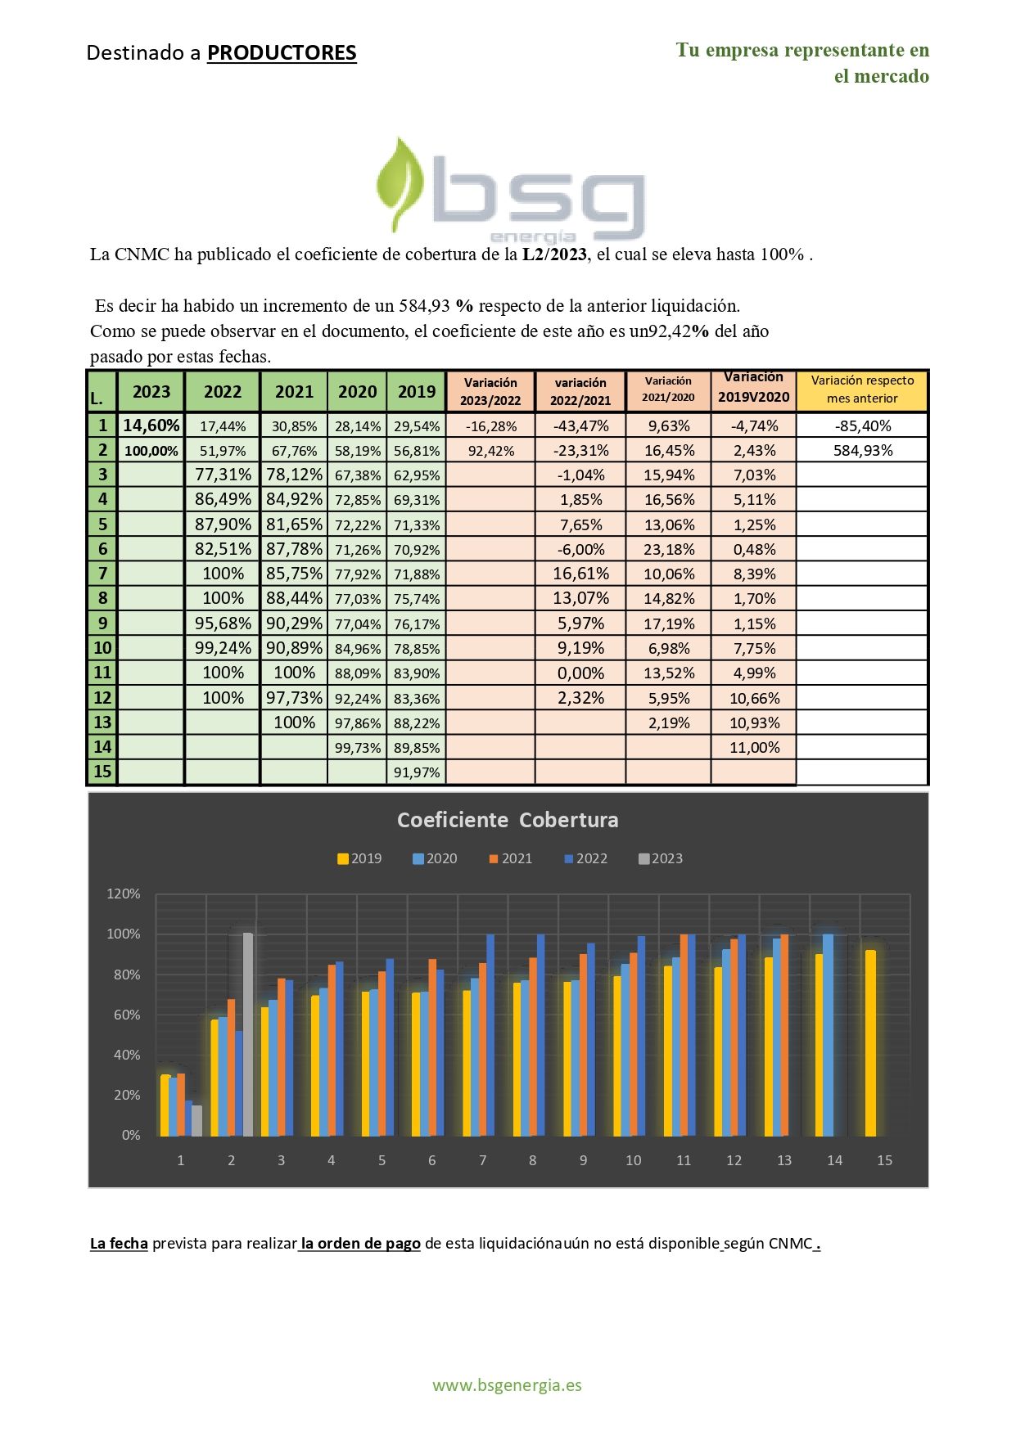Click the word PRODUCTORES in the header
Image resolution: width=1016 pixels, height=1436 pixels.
282,53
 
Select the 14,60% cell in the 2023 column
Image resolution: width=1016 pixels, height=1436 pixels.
151,425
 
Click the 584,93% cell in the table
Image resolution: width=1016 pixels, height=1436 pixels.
862,450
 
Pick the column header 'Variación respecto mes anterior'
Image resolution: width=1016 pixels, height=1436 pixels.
862,389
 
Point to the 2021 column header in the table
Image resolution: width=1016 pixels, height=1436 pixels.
294,391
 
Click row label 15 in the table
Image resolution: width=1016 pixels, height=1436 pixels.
102,772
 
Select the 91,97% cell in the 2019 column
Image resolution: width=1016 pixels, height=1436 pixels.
417,772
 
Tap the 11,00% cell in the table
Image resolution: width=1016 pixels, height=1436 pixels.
754,747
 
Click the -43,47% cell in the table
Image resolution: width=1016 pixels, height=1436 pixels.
580,425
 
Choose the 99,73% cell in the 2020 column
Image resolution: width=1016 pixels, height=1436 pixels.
358,747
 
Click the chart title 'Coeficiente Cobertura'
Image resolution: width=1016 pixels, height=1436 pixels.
508,820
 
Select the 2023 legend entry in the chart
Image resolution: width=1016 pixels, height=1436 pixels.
661,858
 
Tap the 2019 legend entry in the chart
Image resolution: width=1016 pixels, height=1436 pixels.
359,858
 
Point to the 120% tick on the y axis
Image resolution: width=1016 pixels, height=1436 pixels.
124,894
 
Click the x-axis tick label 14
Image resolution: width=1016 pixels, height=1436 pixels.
834,1160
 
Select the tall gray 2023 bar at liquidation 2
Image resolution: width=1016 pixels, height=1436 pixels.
248,1034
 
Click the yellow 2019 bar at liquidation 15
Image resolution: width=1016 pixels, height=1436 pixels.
870,1043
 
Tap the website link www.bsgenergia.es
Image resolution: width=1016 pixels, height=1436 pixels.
507,1385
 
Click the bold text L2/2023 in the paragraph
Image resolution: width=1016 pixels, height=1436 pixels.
554,254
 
